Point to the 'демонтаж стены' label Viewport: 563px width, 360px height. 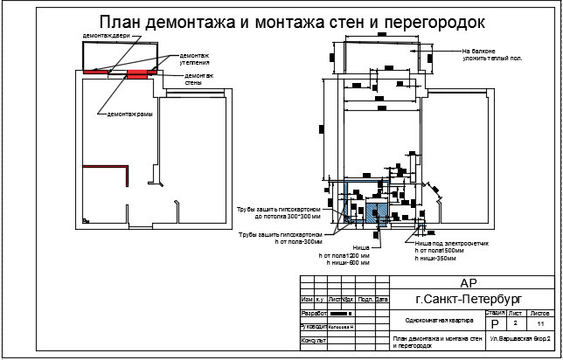pos(199,80)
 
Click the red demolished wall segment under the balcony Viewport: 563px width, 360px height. pos(140,73)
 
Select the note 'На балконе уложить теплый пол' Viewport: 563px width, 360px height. pos(492,54)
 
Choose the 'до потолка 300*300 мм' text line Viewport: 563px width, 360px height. pos(288,216)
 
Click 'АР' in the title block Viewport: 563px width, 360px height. pos(469,282)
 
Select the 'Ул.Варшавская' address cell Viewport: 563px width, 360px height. pos(518,337)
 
